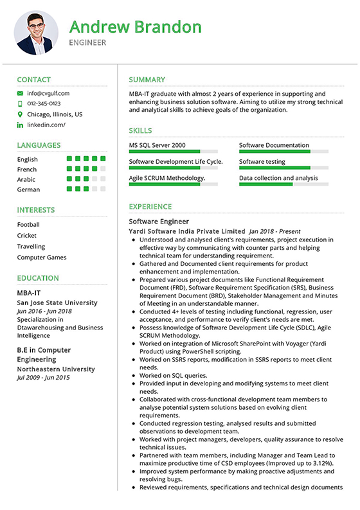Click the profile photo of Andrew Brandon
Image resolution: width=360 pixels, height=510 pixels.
(x=36, y=32)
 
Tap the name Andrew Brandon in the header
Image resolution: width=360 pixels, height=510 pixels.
(x=135, y=26)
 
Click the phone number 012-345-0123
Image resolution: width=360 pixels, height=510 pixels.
(x=44, y=103)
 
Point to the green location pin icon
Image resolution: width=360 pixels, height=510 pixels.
(x=20, y=114)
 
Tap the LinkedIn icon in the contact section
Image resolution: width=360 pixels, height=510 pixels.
(x=20, y=125)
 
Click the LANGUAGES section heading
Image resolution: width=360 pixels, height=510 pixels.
(x=39, y=145)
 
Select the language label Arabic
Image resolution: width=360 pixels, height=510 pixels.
(x=26, y=179)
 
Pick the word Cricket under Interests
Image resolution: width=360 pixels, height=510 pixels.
(x=27, y=236)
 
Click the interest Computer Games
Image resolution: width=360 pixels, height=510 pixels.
(x=42, y=258)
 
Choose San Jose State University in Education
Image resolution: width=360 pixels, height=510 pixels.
(x=57, y=302)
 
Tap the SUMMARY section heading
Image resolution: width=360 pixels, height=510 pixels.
(x=147, y=80)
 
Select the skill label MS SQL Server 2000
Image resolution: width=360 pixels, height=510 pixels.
(x=157, y=145)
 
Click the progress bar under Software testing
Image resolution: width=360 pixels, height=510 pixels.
(x=283, y=168)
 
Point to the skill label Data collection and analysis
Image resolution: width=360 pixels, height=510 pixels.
(x=278, y=178)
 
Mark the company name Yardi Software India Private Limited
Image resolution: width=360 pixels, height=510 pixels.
(x=186, y=231)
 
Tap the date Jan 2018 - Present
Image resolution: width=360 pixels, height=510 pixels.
(x=274, y=231)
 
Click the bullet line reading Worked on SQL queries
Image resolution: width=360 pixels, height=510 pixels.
(x=173, y=375)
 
